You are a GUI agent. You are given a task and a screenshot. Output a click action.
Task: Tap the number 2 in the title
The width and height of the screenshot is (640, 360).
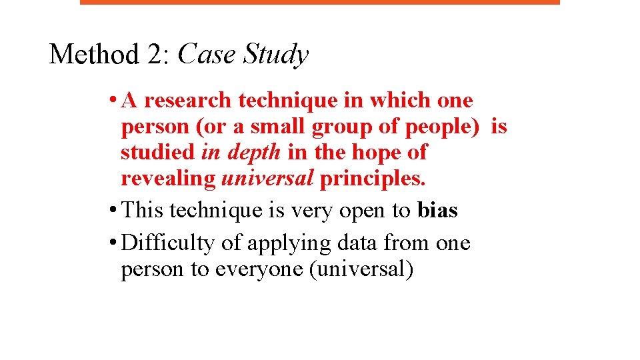tap(157, 54)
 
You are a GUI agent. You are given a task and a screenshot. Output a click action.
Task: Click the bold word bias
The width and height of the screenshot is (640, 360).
tap(437, 211)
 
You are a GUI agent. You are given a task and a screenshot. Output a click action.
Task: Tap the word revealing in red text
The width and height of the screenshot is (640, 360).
tap(168, 179)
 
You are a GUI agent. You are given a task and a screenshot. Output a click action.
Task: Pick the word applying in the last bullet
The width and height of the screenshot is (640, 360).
tap(289, 244)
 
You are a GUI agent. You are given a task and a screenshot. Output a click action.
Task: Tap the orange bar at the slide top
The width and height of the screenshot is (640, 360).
tap(320, 2)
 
